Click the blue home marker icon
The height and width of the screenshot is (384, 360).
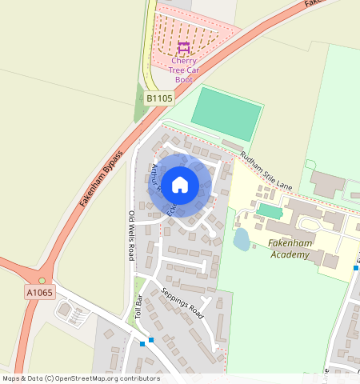[180, 184]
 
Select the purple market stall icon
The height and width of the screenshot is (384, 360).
[184, 49]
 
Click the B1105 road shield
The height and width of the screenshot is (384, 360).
[159, 98]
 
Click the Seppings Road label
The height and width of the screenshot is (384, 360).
[182, 303]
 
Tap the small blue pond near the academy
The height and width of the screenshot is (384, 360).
[242, 239]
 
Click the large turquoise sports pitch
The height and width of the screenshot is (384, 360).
[226, 113]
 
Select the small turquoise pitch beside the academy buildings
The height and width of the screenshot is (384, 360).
[270, 211]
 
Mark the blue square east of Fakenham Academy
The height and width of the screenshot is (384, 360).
[355, 269]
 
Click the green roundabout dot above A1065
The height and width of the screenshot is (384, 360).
[42, 280]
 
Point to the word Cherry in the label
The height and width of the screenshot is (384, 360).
[184, 60]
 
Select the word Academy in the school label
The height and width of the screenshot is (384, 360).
[289, 254]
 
